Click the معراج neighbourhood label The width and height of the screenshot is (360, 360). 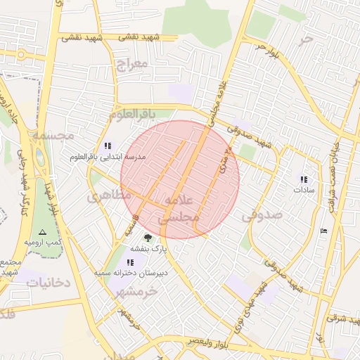pos(131,65)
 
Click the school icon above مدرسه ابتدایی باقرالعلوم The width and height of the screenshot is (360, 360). pos(108,146)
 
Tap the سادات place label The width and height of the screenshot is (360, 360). pos(304,190)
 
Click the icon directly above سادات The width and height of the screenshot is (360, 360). pos(304,179)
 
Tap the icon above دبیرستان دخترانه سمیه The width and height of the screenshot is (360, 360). pos(130,262)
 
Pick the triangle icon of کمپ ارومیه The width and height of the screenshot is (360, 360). pos(41,231)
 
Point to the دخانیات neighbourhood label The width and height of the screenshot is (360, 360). pos(49,282)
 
